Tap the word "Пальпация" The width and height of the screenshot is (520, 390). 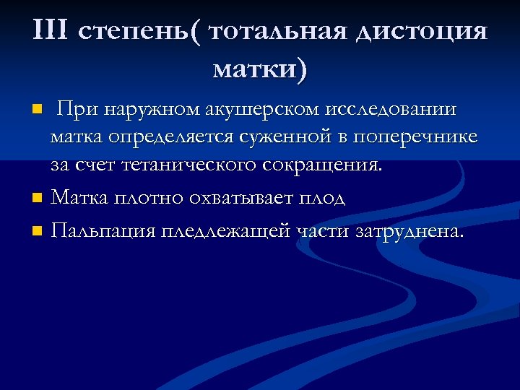pos(104,231)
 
